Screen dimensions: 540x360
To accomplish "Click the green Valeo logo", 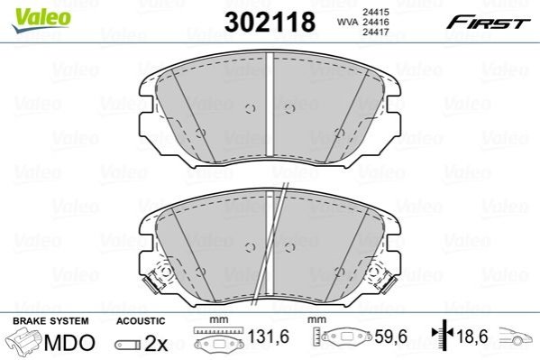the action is tap(41, 20).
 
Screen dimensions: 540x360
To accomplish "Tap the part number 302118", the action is tap(270, 22).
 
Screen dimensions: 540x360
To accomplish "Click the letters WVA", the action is tap(347, 22).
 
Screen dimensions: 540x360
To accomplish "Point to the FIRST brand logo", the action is tap(489, 23).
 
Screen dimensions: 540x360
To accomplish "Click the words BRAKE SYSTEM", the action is tap(50, 321).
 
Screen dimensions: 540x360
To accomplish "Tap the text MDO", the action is tap(69, 343).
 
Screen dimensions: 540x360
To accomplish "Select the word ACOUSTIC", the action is tap(141, 321).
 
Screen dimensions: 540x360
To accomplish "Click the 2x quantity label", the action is tap(156, 344).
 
